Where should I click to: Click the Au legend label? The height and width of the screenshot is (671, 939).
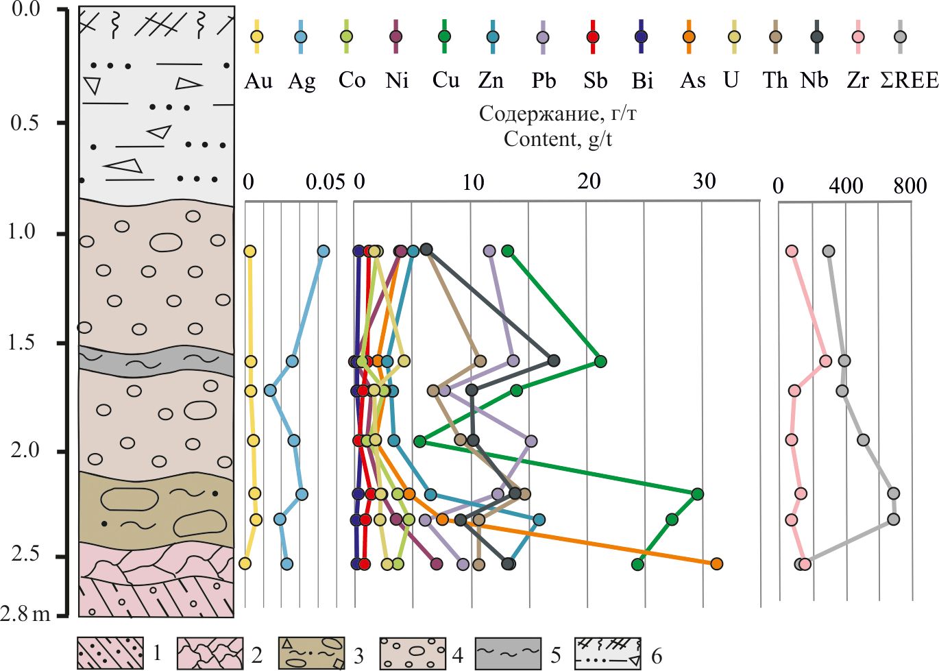click(x=258, y=81)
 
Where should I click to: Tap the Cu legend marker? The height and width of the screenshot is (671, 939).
click(x=444, y=36)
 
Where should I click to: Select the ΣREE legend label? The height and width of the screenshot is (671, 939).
click(x=909, y=80)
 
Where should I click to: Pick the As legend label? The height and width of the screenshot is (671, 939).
click(x=692, y=81)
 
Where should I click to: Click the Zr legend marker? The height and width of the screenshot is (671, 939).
click(x=857, y=37)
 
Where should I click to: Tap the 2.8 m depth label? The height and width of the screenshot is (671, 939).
click(x=25, y=613)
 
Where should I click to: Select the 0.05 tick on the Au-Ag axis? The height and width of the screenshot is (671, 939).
click(x=325, y=182)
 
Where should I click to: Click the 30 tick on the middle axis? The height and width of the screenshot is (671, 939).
click(x=704, y=182)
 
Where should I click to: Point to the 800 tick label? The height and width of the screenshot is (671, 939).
click(x=910, y=186)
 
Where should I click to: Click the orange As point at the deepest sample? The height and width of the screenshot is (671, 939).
click(x=716, y=563)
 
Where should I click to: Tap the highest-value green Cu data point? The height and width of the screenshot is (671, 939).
click(x=697, y=493)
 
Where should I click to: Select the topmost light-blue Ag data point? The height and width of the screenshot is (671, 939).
click(x=324, y=252)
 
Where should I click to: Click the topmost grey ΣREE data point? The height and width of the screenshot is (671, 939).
click(x=829, y=252)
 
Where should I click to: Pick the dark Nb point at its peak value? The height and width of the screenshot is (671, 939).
click(x=554, y=361)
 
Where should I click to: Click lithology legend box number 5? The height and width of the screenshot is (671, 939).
click(x=508, y=652)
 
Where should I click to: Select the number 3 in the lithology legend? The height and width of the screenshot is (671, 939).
click(x=358, y=656)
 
